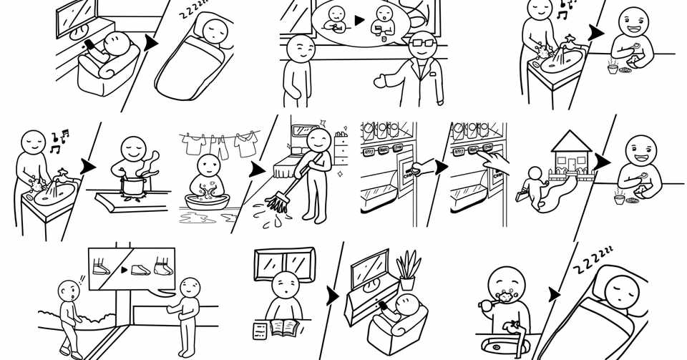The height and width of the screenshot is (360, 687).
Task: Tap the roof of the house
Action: pyautogui.click(x=570, y=142)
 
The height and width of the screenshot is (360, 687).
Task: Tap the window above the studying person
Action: pyautogui.click(x=285, y=266)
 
